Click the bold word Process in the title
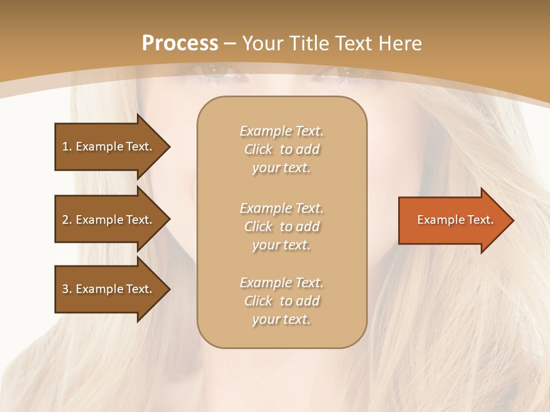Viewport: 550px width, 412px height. click(x=180, y=43)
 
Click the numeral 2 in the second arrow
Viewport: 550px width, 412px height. click(x=65, y=220)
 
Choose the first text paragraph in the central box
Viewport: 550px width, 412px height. click(x=281, y=149)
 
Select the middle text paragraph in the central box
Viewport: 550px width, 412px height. click(x=281, y=227)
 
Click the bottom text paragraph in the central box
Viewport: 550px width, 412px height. click(x=281, y=301)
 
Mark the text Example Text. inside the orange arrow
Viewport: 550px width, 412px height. click(x=455, y=220)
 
